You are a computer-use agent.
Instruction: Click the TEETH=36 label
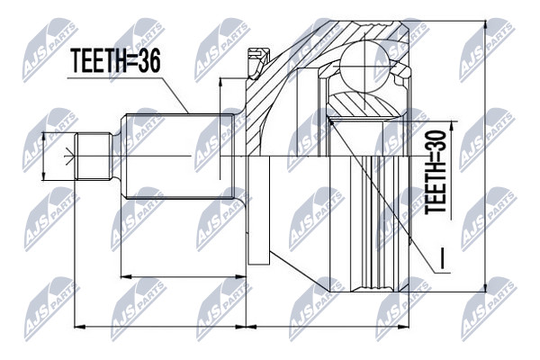click(115, 60)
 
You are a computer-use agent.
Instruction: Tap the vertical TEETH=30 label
click(436, 172)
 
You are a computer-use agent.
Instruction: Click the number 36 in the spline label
click(148, 60)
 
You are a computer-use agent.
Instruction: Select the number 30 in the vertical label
click(436, 140)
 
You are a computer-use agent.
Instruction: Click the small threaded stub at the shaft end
click(93, 156)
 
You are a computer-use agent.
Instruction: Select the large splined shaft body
click(179, 157)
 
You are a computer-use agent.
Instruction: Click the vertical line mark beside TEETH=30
click(443, 257)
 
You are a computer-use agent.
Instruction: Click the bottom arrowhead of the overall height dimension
click(486, 286)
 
